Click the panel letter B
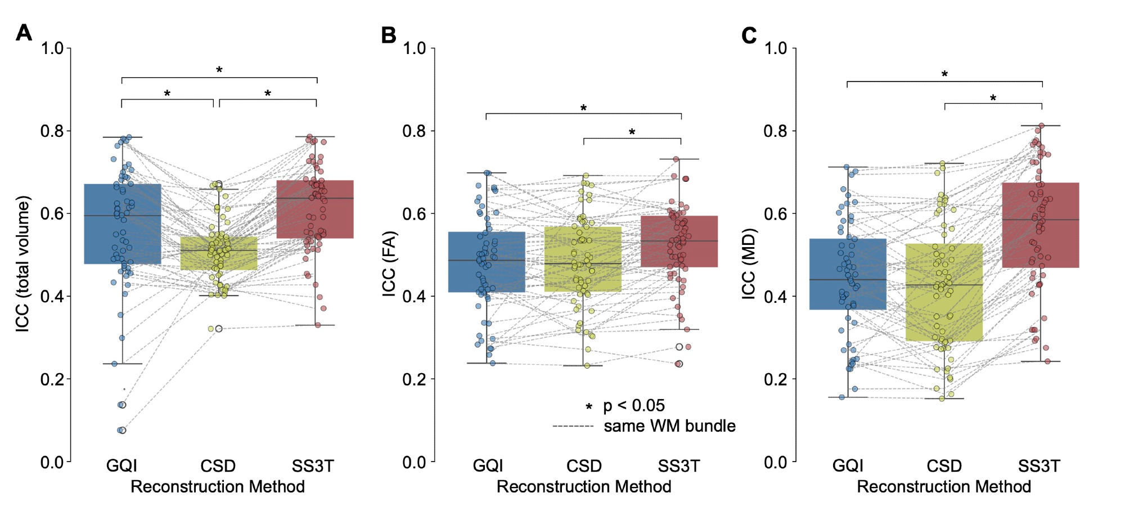389,35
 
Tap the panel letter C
749,35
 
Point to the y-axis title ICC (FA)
389,263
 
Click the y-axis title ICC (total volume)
22,263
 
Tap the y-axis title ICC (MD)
749,263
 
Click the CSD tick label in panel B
584,466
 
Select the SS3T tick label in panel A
313,466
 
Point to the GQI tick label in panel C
848,466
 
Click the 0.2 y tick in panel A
52,379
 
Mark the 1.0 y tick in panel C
775,48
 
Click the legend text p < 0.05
634,405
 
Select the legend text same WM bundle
669,426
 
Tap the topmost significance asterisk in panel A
219,70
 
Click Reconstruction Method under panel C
944,487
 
